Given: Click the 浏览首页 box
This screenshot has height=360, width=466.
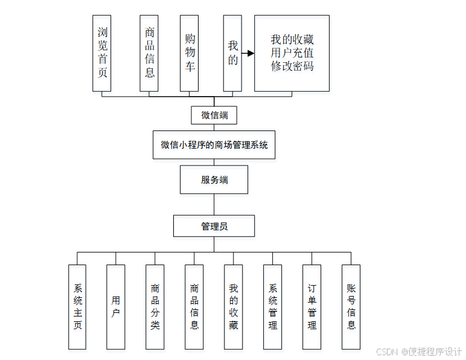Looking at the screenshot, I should click(102, 53).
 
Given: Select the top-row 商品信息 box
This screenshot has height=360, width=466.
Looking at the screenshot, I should click(149, 53).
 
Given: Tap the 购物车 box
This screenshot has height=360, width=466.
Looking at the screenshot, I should click(190, 53).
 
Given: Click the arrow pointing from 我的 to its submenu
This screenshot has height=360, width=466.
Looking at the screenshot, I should click(247, 53).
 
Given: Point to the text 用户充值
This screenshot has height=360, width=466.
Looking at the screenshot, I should click(292, 53).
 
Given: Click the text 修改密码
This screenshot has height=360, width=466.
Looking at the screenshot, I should click(292, 66).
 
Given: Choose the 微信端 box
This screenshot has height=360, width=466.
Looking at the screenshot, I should click(214, 115).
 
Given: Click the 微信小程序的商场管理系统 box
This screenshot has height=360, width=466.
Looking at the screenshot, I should click(214, 145).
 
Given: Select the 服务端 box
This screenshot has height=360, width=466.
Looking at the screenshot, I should click(214, 179).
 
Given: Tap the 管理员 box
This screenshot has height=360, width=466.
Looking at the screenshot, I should click(214, 226).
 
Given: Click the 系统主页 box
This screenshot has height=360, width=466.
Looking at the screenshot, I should click(77, 307).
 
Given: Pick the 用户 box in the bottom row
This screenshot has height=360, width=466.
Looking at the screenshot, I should click(116, 307).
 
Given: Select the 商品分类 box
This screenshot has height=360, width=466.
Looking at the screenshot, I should click(155, 307).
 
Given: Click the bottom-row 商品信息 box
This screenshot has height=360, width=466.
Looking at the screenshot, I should click(194, 307).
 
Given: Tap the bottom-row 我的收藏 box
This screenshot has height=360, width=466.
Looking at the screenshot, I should click(234, 307).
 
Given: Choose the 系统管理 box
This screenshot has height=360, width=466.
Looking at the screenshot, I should click(273, 307).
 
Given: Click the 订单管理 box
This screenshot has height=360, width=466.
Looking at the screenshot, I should click(312, 307).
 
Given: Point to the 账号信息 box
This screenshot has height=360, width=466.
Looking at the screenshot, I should click(351, 307).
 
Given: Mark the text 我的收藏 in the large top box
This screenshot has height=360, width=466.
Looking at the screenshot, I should click(292, 40).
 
